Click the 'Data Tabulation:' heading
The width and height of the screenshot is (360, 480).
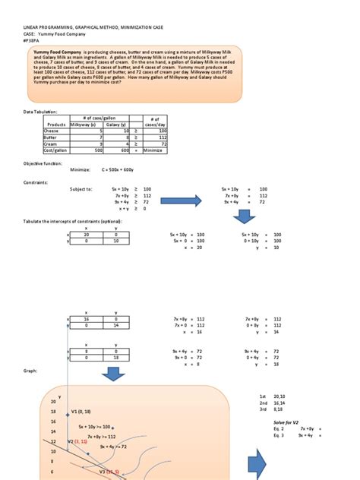pos(41,111)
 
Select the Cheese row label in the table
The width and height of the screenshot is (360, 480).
pos(54,131)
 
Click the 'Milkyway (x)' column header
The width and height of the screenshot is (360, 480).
pos(86,124)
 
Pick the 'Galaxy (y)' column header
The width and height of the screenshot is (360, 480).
pos(115,124)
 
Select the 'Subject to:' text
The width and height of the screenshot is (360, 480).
pos(80,188)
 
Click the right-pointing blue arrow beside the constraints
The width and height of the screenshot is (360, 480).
pos(188,201)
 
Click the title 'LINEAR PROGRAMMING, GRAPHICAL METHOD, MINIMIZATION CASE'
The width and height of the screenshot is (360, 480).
pos(90,27)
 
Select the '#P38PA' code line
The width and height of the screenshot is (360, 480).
pos(34,42)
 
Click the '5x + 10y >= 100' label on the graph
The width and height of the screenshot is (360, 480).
pos(96,428)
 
